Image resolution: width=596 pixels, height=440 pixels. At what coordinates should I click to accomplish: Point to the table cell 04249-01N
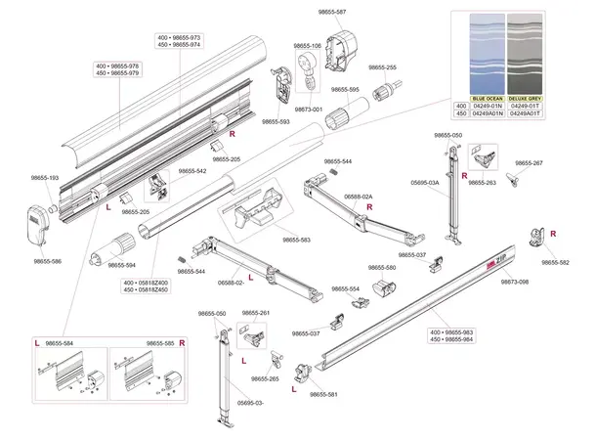coord(487,107)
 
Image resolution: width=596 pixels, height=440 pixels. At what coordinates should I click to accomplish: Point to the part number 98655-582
coord(555,262)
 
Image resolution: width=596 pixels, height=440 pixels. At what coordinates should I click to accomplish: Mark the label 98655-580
coord(384,267)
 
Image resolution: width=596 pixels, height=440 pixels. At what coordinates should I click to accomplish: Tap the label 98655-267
coord(528,163)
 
